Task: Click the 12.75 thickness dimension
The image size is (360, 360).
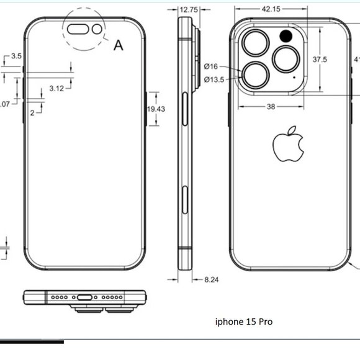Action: [189, 10]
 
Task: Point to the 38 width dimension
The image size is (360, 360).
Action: [271, 107]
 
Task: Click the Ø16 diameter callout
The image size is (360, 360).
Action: [210, 66]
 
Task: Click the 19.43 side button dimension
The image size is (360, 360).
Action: [155, 109]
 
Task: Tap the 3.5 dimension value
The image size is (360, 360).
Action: [16, 56]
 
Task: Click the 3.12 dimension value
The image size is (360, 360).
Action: [56, 89]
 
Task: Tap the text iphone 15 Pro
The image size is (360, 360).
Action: [243, 322]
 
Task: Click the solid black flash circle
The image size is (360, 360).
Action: [287, 35]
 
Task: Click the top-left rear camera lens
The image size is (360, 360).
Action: [255, 44]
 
